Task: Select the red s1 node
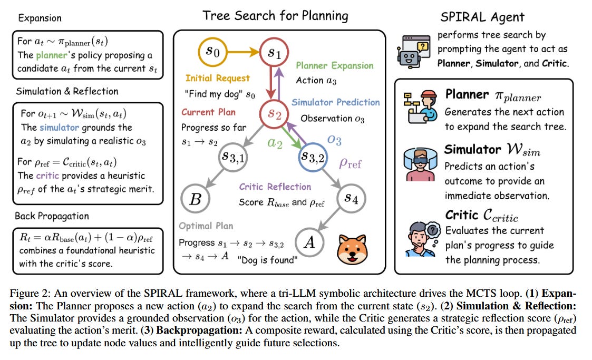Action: tap(274, 53)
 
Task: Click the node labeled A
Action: tap(309, 241)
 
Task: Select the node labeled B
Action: tap(195, 199)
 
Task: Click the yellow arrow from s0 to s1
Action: tap(242, 53)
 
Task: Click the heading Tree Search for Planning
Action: tap(276, 16)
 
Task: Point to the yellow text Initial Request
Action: tap(218, 78)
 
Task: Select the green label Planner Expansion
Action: tap(334, 66)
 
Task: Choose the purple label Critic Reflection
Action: tap(275, 187)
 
